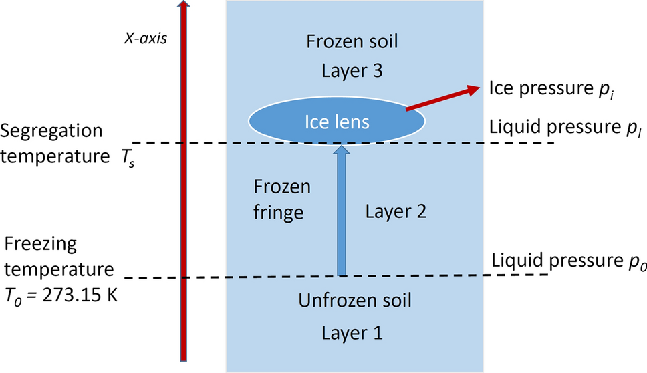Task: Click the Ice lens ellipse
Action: click(x=338, y=121)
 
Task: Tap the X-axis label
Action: click(x=145, y=38)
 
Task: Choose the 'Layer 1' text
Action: click(x=352, y=331)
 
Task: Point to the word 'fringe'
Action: click(x=281, y=213)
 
